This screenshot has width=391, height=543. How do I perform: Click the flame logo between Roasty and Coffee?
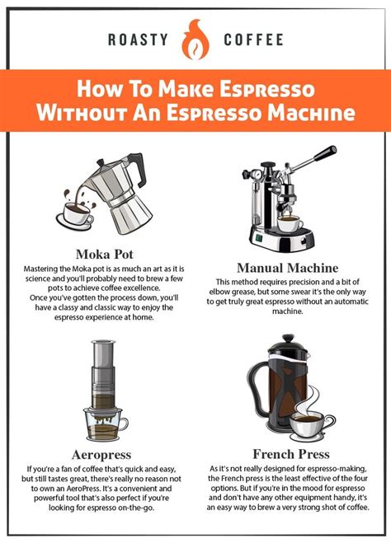click(x=195, y=40)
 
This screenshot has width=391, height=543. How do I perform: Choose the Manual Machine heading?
click(x=287, y=267)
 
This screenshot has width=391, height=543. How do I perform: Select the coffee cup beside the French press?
click(x=311, y=427)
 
